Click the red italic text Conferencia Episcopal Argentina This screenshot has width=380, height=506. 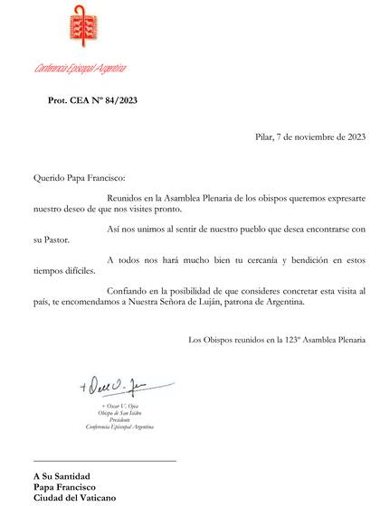pyautogui.click(x=80, y=69)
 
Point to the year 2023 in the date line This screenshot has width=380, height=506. pyautogui.click(x=353, y=138)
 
